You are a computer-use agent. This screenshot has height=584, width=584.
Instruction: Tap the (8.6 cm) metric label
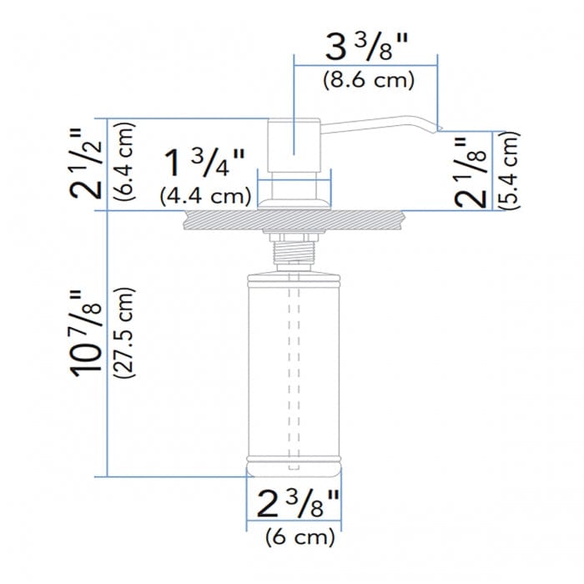[367, 80]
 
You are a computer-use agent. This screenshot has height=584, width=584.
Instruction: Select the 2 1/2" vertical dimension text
[85, 162]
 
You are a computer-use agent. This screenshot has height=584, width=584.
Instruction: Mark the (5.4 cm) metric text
[510, 170]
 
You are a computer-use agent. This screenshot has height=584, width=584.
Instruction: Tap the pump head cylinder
[295, 146]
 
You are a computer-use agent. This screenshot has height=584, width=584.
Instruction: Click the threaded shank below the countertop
[295, 249]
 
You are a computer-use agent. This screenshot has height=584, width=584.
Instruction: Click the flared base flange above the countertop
[295, 200]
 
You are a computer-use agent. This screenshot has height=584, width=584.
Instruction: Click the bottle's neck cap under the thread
[295, 269]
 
